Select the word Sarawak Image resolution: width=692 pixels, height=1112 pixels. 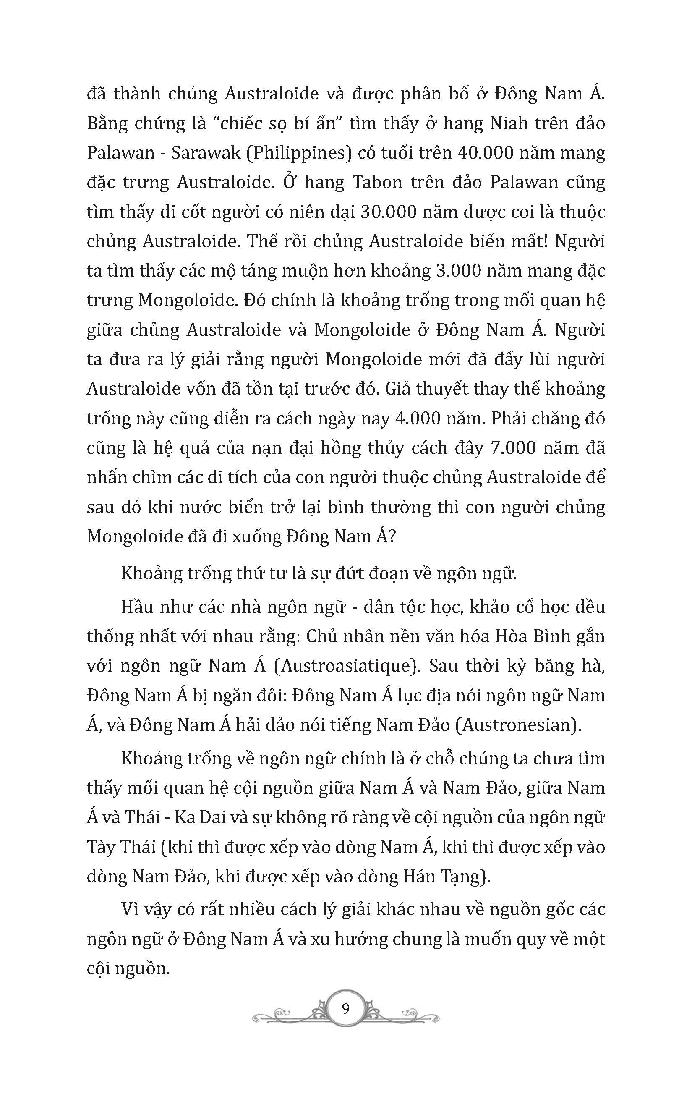pyautogui.click(x=206, y=153)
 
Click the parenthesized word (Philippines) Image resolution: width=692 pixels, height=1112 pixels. pyautogui.click(x=298, y=153)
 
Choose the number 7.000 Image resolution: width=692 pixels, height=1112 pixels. pyautogui.click(x=512, y=448)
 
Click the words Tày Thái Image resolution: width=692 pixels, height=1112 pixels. pyautogui.click(x=120, y=848)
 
